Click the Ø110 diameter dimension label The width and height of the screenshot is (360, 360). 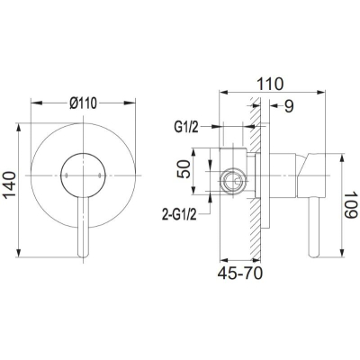coord(84,103)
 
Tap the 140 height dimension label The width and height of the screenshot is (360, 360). coord(10,185)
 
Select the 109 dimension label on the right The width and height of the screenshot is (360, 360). coord(351,205)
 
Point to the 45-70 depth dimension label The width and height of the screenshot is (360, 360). coord(240,274)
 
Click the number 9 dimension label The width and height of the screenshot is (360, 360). coord(289,106)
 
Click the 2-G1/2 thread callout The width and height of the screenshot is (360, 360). coord(179,214)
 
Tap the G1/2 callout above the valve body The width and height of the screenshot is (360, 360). coord(186,128)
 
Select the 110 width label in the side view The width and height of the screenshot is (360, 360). coord(270,84)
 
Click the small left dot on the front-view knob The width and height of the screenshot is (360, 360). coord(66,175)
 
